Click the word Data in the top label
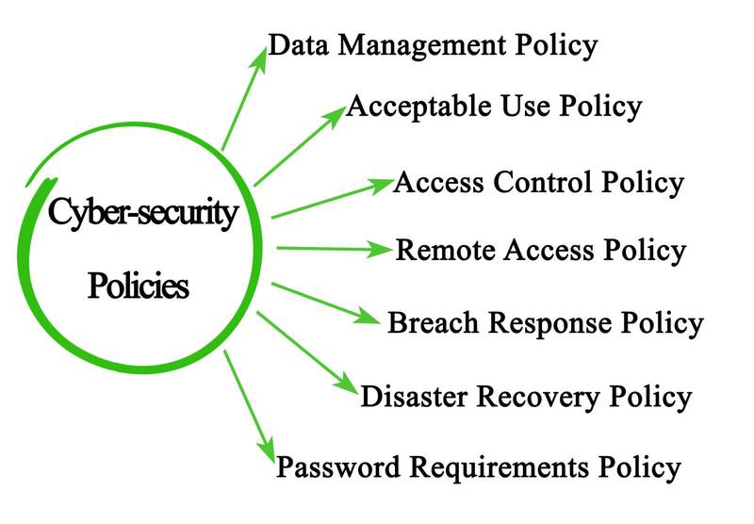pos(296,45)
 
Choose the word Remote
pos(446,251)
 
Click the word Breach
pos(432,323)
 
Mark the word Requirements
pos(491,467)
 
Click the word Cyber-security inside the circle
pos(142,213)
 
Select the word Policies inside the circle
pos(138,285)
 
